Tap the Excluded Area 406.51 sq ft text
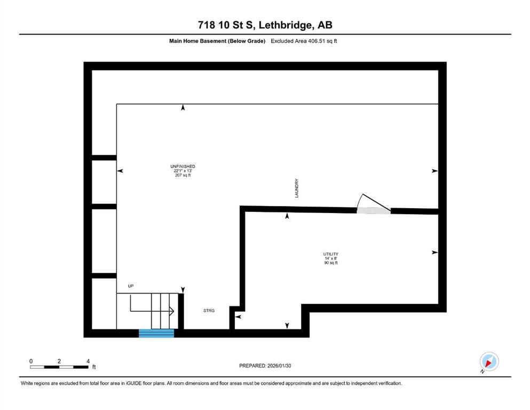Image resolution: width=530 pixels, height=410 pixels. click(304, 41)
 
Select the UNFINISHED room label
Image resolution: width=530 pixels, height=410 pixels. click(183, 167)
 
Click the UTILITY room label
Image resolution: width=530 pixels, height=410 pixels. click(330, 254)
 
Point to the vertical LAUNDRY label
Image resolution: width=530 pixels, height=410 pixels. click(296, 188)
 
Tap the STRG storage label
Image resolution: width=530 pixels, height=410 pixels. click(209, 311)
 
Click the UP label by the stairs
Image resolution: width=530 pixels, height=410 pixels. click(131, 286)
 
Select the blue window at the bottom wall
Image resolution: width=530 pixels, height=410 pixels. click(156, 333)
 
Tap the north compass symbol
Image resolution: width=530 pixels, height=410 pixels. click(489, 361)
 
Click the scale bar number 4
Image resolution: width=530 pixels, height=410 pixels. click(88, 361)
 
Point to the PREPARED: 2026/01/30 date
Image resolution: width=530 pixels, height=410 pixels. click(265, 366)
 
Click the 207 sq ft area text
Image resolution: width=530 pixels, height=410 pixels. click(183, 175)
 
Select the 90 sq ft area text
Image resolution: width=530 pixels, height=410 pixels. click(331, 263)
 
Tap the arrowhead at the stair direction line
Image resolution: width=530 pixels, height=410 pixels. click(172, 311)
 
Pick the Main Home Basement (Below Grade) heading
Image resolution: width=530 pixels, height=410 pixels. click(217, 41)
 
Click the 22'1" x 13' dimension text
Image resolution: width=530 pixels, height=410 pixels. click(183, 171)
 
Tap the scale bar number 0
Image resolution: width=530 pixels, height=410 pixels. click(31, 361)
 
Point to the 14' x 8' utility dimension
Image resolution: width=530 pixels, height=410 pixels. click(331, 258)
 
